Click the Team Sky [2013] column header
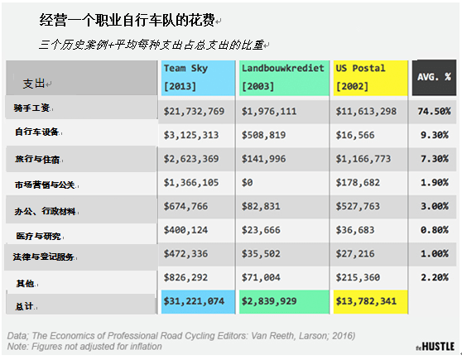coord(198,78)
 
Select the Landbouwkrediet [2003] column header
coord(284,78)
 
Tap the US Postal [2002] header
coord(370,78)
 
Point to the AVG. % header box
coord(434,78)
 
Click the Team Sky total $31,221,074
coord(195,301)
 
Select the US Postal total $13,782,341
coord(366,301)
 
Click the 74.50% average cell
coord(434,112)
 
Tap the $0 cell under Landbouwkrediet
coord(248,183)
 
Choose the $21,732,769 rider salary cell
coord(195,112)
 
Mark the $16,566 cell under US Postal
coord(355,135)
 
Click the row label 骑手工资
coord(31,108)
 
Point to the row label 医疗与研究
coord(39,236)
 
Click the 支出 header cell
coord(81,78)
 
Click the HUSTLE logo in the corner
coord(436,347)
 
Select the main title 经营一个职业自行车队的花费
coord(127,21)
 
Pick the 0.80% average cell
coord(435,230)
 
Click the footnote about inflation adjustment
coord(84,347)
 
